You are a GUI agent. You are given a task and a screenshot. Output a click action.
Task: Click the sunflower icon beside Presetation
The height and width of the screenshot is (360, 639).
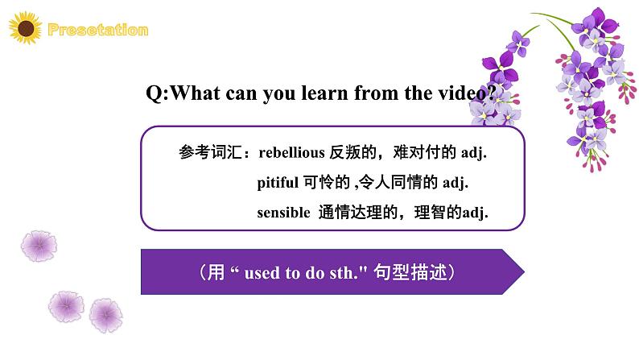(x=27, y=31)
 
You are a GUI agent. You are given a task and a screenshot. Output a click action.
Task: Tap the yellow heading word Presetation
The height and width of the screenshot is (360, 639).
(x=98, y=31)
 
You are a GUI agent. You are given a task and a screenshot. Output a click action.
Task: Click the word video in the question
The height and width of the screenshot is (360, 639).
(x=471, y=93)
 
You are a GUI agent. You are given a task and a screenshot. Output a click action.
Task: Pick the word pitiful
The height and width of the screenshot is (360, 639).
(x=278, y=183)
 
